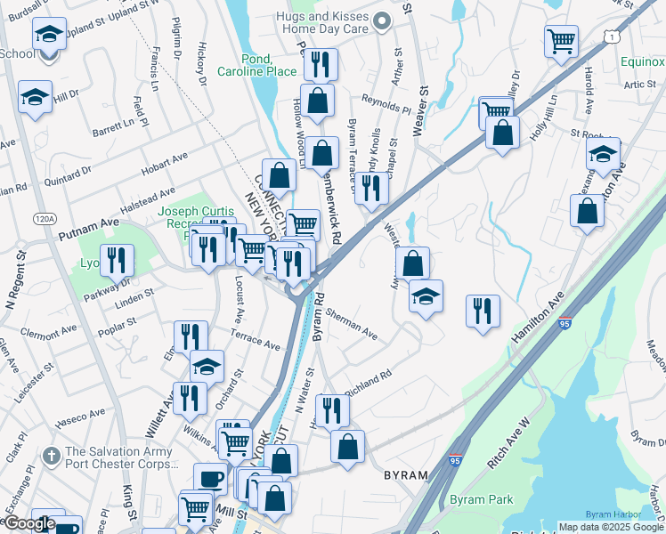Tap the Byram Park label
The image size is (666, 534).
(481, 499)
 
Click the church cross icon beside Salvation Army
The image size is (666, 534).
(53, 452)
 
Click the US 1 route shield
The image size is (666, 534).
(611, 35)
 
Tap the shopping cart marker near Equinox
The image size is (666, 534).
(562, 40)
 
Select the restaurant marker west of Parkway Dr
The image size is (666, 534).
(117, 259)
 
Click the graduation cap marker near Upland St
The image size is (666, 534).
(50, 34)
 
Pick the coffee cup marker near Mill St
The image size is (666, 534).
(210, 478)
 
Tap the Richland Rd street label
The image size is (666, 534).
(368, 383)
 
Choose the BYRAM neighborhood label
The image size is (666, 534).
(407, 475)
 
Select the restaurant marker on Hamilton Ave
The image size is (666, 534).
(482, 311)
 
